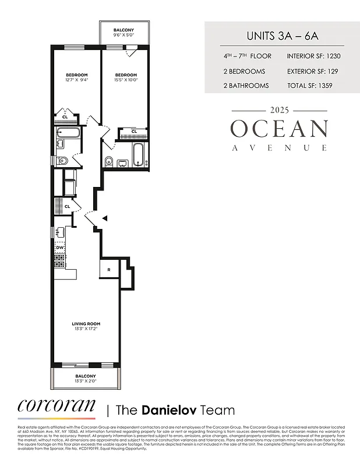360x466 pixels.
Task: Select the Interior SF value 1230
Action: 328,57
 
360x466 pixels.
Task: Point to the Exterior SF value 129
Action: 330,72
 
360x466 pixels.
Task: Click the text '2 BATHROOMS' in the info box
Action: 246,86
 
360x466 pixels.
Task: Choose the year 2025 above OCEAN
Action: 279,110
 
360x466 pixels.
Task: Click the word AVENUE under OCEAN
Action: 279,148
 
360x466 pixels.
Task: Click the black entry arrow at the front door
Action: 105,218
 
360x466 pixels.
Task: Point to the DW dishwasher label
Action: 59,247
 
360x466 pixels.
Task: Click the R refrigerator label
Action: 109,269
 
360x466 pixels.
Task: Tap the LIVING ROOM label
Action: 86,324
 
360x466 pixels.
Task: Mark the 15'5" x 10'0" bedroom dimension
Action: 125,80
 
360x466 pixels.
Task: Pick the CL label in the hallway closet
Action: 68,206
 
